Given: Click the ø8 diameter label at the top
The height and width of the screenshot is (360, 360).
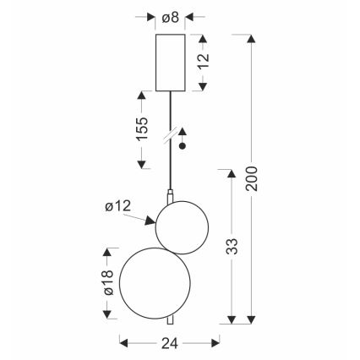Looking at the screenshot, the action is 171,18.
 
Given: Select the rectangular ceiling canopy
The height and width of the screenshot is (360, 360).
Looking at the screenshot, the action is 171,63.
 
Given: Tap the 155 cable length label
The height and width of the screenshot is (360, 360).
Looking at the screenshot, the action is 142,128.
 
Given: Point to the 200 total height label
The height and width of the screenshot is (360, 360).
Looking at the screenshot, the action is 251,178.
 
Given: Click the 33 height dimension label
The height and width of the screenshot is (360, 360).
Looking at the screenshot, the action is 232,247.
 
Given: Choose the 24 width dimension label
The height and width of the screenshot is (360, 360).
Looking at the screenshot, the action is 170,343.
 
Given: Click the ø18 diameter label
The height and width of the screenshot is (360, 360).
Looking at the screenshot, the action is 109,282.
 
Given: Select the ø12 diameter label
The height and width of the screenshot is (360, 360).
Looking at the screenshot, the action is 118,206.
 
